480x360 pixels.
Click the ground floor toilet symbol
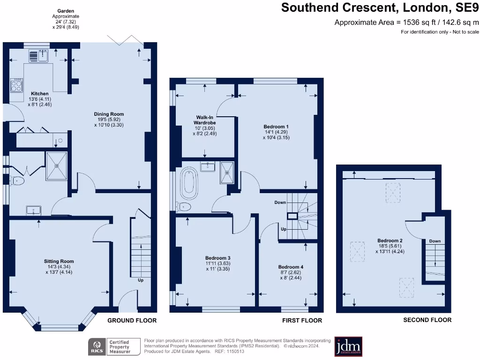coord(18,180)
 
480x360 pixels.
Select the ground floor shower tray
coord(56,166)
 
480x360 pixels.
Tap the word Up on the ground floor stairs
coord(141,280)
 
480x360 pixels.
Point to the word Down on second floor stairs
coord(435,241)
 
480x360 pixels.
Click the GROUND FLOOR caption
coord(132,321)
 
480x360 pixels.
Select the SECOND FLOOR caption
coord(427,320)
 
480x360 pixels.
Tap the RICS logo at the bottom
coord(97,347)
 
